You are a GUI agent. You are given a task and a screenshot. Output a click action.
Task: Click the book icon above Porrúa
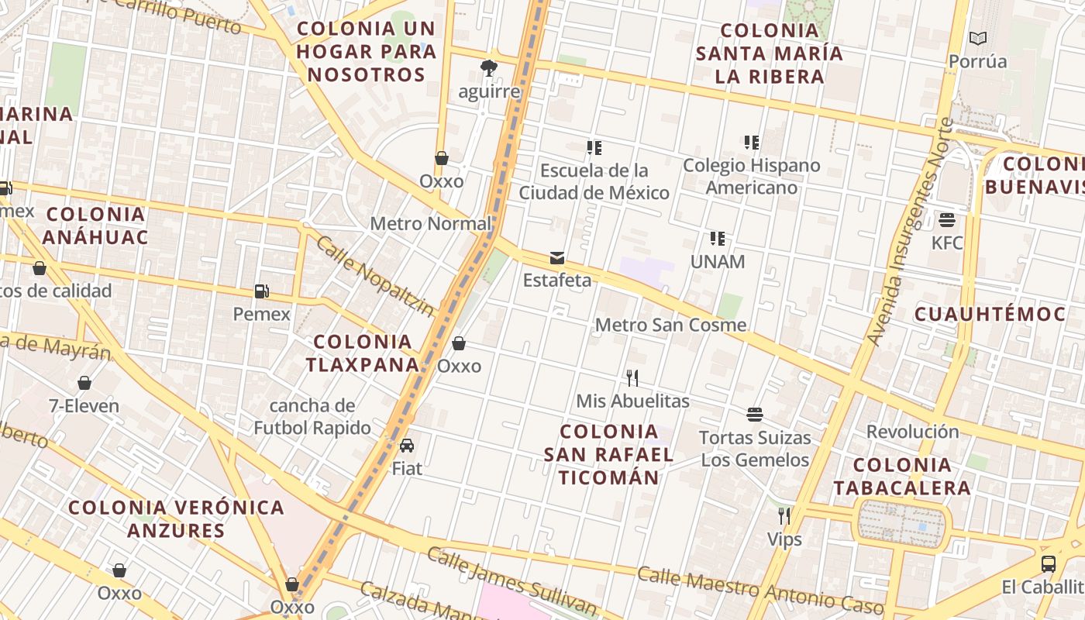tap(978, 38)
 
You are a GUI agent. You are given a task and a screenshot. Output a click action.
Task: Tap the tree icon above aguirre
tap(488, 68)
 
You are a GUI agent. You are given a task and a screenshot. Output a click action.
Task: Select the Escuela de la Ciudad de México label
tap(594, 181)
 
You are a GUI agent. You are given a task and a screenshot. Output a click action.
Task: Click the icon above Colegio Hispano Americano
tap(751, 142)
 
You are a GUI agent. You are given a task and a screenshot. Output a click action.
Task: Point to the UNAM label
tap(717, 262)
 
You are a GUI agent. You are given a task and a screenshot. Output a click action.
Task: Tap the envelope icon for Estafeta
tap(556, 257)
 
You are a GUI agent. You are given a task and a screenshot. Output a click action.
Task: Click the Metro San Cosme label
tap(670, 325)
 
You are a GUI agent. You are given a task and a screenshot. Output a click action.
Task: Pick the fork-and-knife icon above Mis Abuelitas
tap(632, 377)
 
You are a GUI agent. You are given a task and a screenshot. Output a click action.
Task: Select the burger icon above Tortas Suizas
tap(755, 414)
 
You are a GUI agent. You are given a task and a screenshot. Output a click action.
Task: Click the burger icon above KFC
tap(946, 219)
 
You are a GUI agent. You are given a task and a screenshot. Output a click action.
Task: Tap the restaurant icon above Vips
tap(784, 515)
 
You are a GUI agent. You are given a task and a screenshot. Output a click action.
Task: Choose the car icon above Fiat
tap(407, 445)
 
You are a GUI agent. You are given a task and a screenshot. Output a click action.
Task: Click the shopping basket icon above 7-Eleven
tap(84, 383)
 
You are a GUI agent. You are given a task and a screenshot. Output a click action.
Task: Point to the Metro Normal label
tap(431, 224)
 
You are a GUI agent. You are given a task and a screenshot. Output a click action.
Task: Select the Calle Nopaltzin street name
tap(376, 276)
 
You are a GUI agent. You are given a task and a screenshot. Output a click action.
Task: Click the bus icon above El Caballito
tap(1049, 563)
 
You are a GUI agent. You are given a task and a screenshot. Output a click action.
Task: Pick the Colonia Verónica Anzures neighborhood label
tap(176, 518)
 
